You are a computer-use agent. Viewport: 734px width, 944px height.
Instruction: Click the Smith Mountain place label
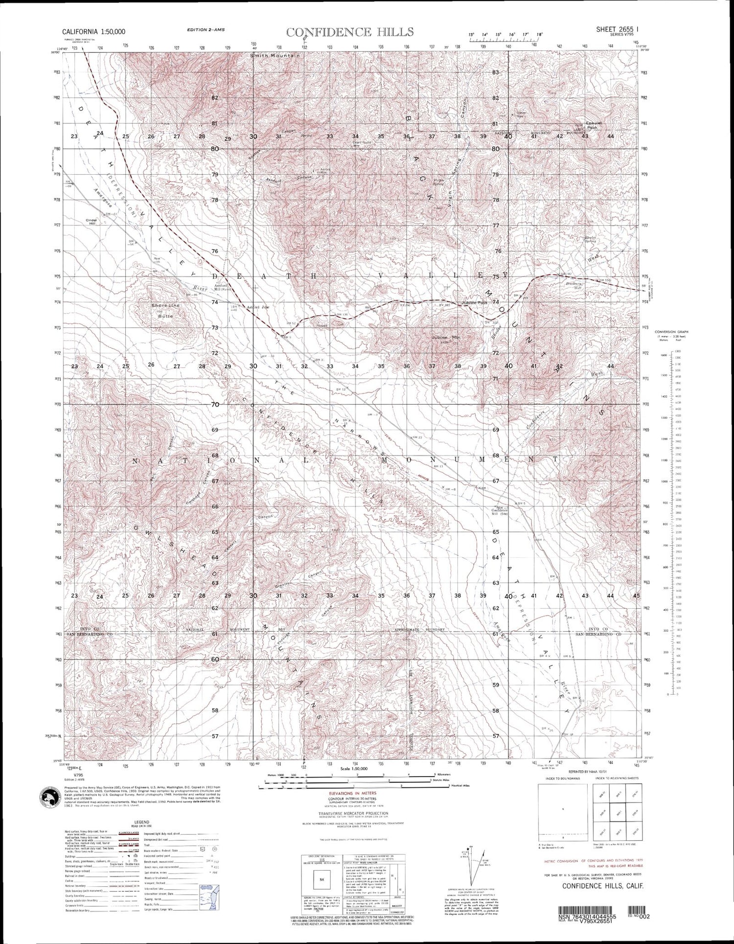(x=274, y=56)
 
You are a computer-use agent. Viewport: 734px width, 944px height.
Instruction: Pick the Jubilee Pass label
(x=474, y=303)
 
